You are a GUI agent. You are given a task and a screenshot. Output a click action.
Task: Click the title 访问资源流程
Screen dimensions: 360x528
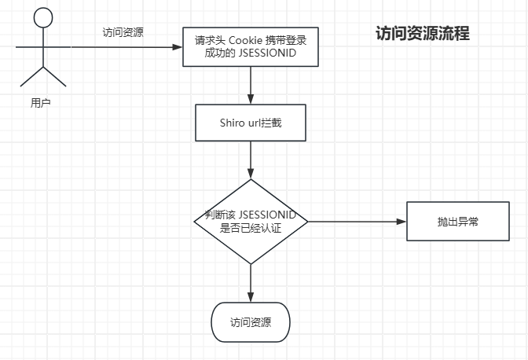tap(423, 34)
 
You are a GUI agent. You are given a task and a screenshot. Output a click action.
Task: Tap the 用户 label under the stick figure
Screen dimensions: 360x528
tap(41, 101)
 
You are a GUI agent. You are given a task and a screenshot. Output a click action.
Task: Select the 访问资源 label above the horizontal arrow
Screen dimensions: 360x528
tap(123, 32)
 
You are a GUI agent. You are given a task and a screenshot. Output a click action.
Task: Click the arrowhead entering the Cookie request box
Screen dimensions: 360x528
tap(178, 48)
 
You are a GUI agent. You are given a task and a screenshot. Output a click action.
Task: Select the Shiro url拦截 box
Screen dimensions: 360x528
tap(250, 123)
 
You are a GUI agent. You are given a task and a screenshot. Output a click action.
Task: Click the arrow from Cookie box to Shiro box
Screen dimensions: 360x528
tap(251, 85)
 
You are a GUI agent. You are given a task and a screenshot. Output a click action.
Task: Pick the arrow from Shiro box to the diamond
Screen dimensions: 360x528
tap(251, 160)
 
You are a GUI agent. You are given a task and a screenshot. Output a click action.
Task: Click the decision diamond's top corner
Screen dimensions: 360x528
tap(251, 181)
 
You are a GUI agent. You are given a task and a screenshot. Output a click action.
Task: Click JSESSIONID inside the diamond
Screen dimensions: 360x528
tap(267, 215)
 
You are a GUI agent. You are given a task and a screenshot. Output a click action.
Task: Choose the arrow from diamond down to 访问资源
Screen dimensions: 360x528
tap(251, 283)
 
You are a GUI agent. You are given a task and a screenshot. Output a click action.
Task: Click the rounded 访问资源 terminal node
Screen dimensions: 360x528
tap(251, 322)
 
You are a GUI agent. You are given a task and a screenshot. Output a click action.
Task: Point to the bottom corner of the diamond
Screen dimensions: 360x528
tap(251, 263)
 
